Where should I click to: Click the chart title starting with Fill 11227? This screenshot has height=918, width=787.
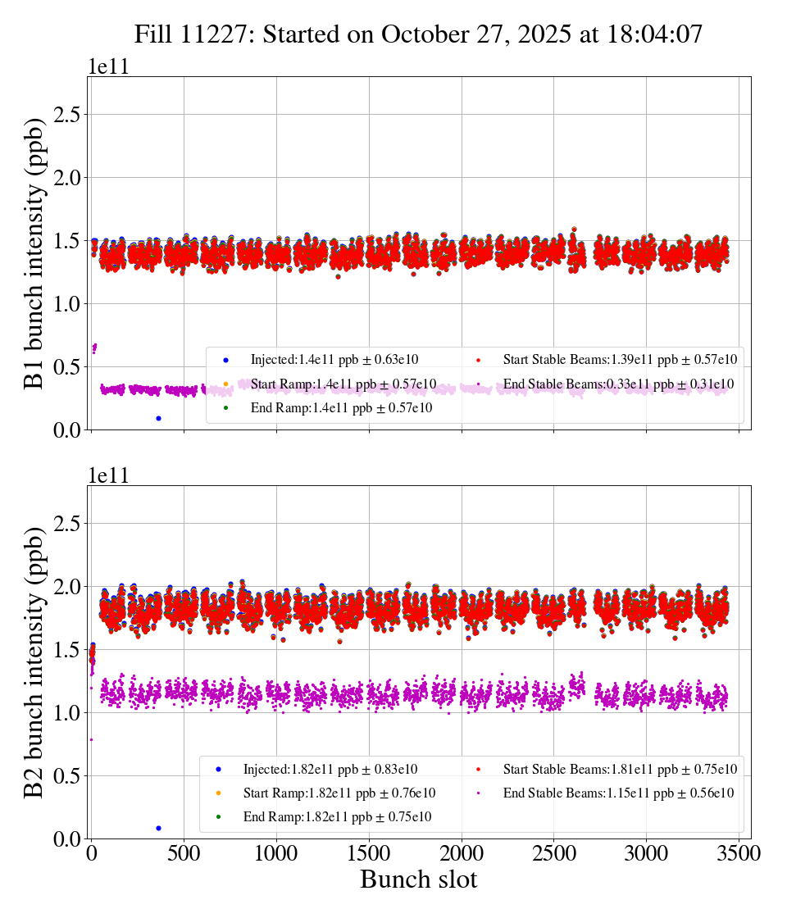tap(419, 34)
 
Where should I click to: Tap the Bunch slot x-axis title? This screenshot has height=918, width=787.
tap(418, 880)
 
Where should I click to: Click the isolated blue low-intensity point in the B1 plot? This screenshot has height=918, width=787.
tap(158, 418)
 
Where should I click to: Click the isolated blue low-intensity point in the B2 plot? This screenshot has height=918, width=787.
tap(158, 828)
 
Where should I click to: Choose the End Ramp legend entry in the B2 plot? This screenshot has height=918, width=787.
tap(336, 817)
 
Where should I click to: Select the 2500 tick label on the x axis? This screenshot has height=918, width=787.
tap(554, 854)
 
